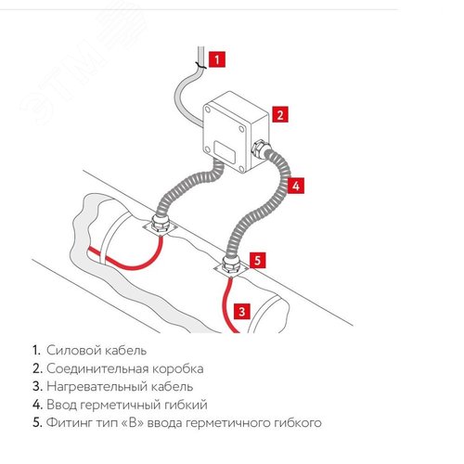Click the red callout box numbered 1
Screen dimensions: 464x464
(x=217, y=58)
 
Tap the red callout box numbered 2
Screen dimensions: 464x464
(x=280, y=114)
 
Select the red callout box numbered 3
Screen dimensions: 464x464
(x=242, y=311)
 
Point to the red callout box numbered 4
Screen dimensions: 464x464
(x=296, y=186)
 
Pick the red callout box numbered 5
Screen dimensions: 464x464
(x=258, y=260)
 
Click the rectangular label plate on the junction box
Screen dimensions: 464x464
(x=226, y=152)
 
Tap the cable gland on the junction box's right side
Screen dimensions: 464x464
(x=261, y=148)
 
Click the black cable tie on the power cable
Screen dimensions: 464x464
(x=200, y=66)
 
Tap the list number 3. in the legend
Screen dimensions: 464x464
(x=37, y=387)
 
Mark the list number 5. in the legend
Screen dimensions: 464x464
(x=37, y=422)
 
